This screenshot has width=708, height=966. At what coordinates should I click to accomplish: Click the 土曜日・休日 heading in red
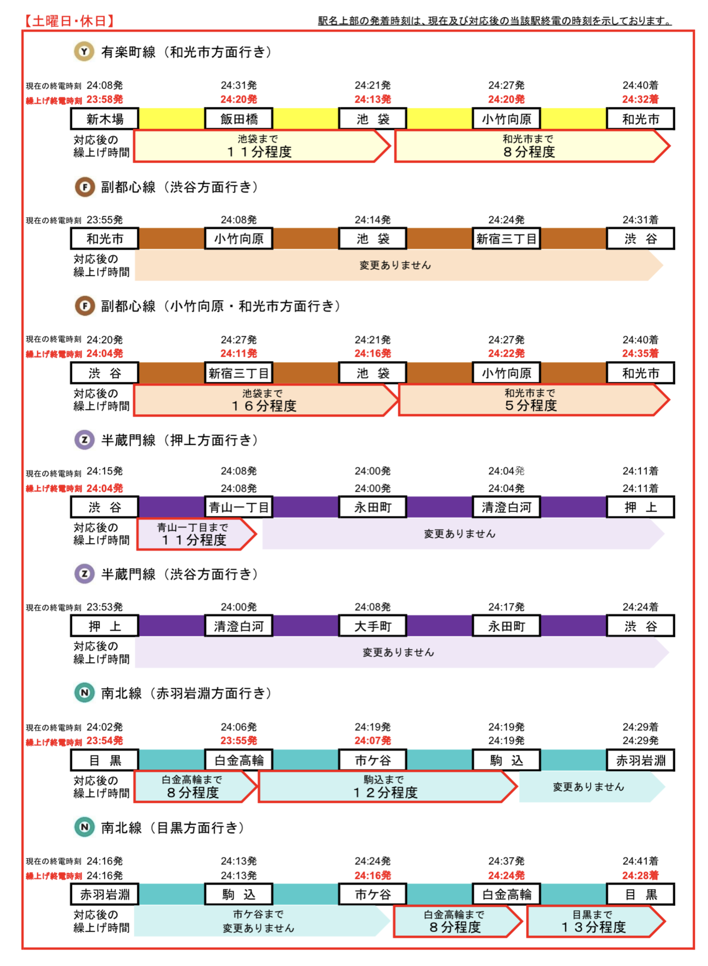pos(70,20)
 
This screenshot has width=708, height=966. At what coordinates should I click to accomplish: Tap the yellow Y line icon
pos(84,52)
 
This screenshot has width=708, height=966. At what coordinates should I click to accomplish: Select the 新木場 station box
pos(105,119)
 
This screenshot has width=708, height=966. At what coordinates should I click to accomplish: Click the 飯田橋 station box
pos(239,119)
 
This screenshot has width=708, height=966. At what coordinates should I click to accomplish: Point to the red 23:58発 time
pos(105,100)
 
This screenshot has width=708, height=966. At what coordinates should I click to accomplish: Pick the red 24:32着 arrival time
pos(640,100)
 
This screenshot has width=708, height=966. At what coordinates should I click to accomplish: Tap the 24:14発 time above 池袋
pos(373,220)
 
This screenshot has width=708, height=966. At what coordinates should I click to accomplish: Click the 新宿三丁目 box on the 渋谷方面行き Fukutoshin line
pos(507,239)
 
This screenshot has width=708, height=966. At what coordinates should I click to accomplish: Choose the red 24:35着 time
pos(640,353)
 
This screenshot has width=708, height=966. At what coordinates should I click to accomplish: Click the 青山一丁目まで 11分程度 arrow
pos(196,534)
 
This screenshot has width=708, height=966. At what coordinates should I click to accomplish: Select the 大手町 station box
pos(373,626)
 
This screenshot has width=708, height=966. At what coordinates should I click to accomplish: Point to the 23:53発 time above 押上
pos(105,607)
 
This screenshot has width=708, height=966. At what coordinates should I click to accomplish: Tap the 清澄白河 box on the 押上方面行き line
pos(507,507)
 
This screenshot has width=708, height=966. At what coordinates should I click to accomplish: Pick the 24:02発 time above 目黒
pos(105,727)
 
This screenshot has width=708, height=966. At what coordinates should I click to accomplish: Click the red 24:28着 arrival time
pos(640,875)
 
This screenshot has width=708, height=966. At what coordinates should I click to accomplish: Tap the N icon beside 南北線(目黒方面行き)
pos(84,827)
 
